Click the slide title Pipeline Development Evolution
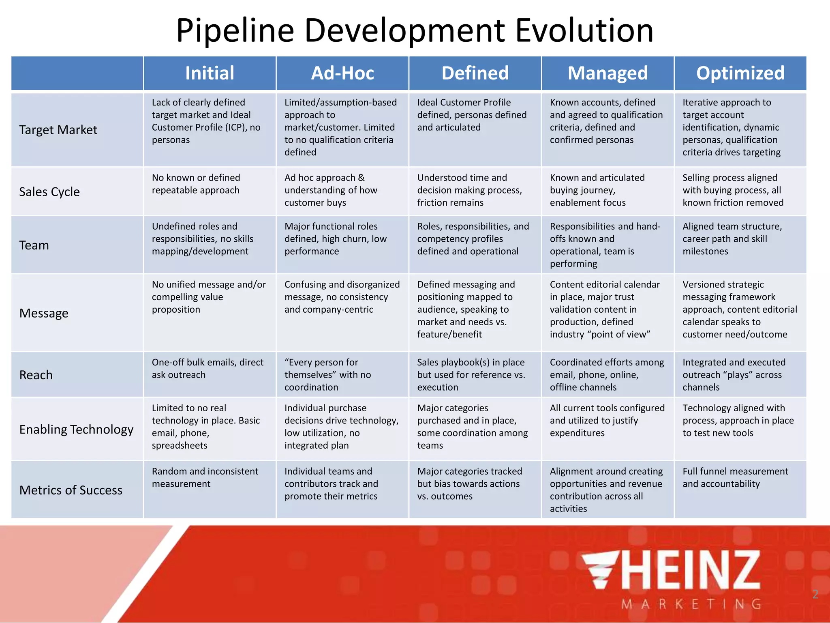click(x=415, y=30)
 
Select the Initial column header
click(x=210, y=73)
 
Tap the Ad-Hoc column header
click(x=342, y=73)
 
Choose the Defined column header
click(x=475, y=73)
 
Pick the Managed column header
click(x=608, y=73)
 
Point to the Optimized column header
click(x=740, y=73)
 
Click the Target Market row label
click(x=58, y=130)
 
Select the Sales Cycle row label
click(x=49, y=191)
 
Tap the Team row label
click(x=34, y=245)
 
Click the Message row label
click(x=44, y=313)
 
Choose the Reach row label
click(x=36, y=375)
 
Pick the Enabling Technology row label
click(x=76, y=429)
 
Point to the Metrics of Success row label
click(x=71, y=490)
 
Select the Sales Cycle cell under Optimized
click(x=733, y=190)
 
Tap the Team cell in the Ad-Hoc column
click(x=336, y=239)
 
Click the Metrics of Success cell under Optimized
click(x=735, y=477)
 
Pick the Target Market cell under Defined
click(x=472, y=115)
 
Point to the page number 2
click(x=815, y=595)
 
